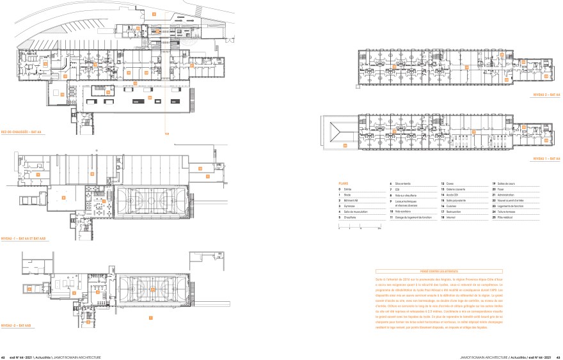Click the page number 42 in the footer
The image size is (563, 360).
(3, 357)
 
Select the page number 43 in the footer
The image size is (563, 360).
(559, 357)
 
